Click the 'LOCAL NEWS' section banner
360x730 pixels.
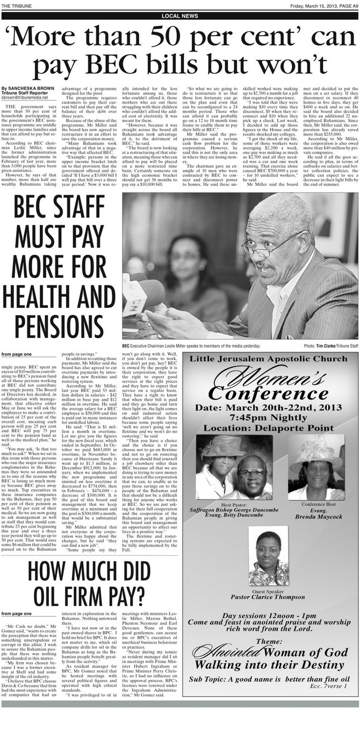[179, 17]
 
